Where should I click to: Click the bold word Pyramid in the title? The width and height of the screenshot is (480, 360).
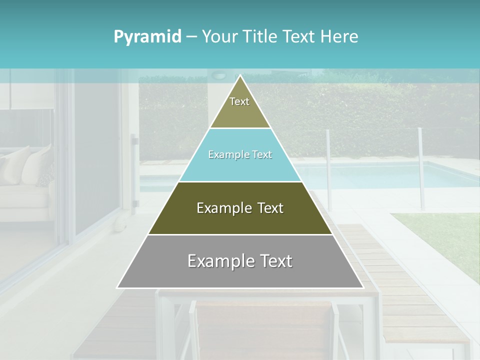(147, 37)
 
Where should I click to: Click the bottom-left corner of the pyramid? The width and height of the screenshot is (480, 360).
(118, 287)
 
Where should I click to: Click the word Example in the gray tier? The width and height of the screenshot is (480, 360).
(218, 261)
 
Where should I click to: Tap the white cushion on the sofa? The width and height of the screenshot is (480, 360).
(37, 165)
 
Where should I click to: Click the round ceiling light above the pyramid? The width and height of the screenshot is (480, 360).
(218, 75)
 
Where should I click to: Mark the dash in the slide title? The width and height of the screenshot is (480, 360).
(191, 37)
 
